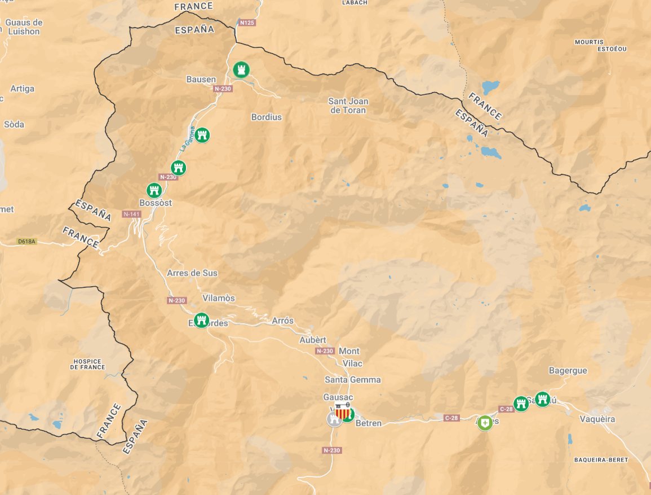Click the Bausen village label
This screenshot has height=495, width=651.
point(201,80)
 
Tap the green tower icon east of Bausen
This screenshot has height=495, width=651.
point(242,70)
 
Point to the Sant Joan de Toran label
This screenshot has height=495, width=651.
point(348,106)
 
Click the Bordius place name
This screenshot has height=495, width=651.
point(266,117)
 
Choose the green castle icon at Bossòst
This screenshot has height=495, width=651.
point(154,190)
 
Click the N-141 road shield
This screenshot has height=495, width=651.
point(131,214)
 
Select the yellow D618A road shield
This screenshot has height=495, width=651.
point(26,242)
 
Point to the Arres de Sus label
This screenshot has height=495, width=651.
point(192,273)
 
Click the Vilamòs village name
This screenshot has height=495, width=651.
point(218,298)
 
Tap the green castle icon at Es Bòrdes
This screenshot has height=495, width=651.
point(201,321)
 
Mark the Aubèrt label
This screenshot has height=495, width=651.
point(313,340)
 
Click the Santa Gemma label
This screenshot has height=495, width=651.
point(352,380)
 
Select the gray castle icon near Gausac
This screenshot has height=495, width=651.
point(335,419)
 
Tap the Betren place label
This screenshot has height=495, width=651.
point(369,423)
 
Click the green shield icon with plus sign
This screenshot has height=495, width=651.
point(485,423)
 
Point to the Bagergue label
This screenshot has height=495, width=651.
point(568,371)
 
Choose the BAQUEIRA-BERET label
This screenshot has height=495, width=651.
point(601,460)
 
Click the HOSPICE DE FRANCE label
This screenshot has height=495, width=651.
point(87,364)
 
